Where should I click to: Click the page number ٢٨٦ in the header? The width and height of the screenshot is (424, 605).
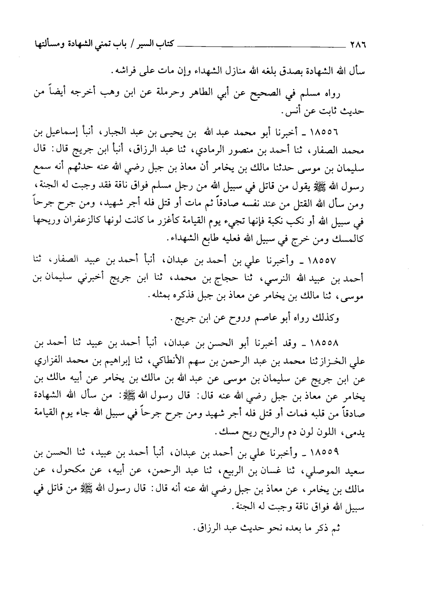tap(359, 45)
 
